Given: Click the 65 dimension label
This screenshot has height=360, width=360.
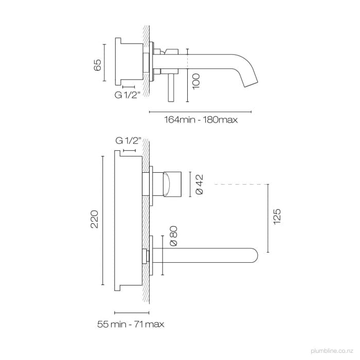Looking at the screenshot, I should [x=97, y=65].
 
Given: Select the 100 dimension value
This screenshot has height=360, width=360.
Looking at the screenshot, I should [x=195, y=81].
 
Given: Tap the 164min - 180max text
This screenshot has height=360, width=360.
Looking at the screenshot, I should [x=201, y=120].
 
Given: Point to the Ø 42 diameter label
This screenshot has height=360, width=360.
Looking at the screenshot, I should [x=200, y=185].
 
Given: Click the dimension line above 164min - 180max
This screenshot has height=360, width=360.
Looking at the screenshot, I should [x=200, y=111].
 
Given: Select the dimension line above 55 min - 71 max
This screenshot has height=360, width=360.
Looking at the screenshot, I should [x=132, y=312].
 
